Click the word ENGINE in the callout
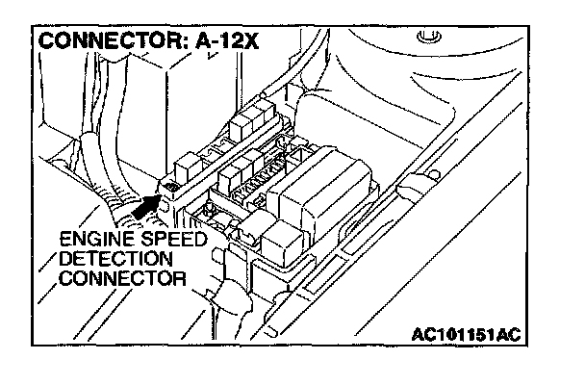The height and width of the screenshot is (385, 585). click(90, 240)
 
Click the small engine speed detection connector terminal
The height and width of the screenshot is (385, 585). click(170, 187)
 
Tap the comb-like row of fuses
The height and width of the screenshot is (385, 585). click(252, 177)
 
